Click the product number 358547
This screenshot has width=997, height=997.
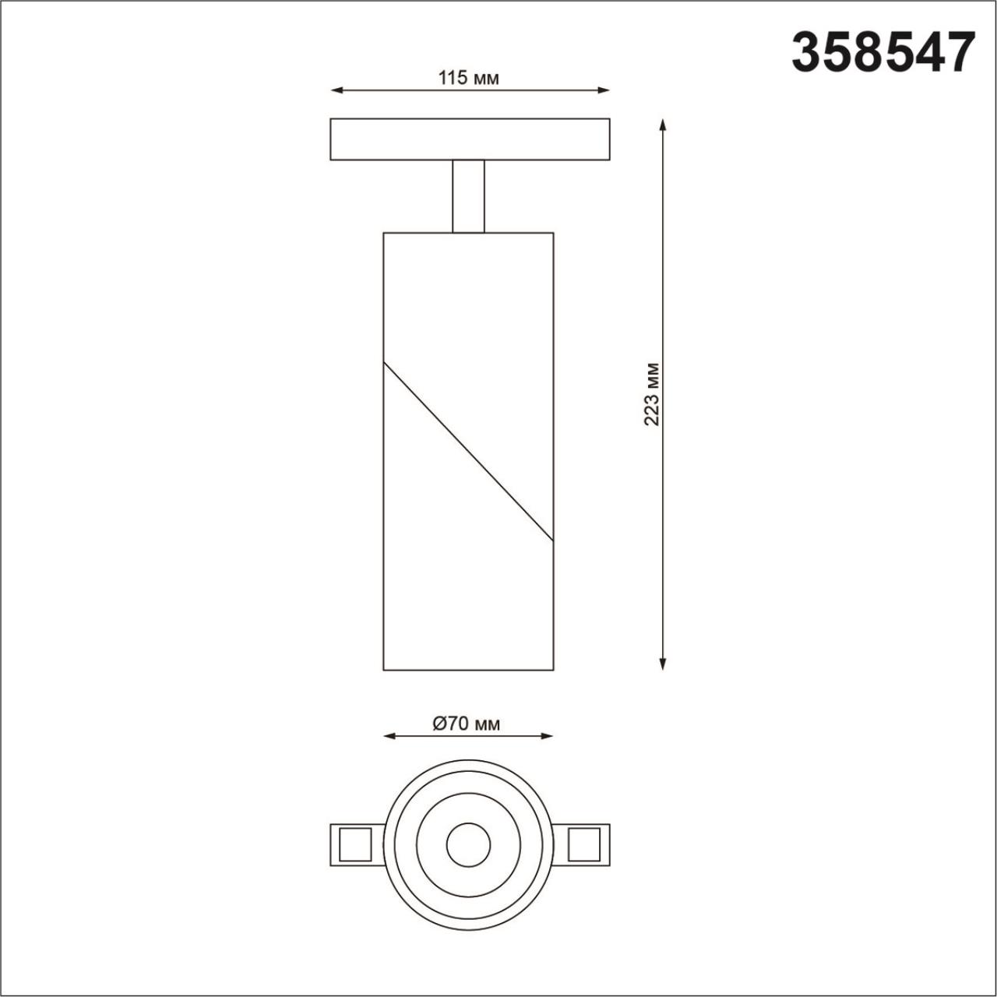pos(883,52)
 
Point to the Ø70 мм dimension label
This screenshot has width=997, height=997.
pos(467,724)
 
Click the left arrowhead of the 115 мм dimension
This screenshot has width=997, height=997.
pos(336,91)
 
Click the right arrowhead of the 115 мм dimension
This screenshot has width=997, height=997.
pos(604,91)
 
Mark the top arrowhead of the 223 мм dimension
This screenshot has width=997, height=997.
pos(662,125)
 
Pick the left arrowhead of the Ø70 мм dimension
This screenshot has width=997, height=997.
pos(389,736)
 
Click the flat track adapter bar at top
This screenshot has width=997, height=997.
pos(470,139)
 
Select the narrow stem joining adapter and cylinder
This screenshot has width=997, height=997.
pos(468,196)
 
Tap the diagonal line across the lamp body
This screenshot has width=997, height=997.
pos(468,451)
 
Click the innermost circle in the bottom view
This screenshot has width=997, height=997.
pos(468,844)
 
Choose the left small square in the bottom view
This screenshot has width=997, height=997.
pos(354,844)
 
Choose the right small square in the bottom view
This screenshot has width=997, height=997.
pos(584,844)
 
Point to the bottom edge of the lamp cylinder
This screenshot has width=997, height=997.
pos(468,670)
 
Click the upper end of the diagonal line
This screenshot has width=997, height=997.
pos(385,363)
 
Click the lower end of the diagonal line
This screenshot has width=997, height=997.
pos(552,540)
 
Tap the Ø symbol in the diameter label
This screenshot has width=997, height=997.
pos(439,724)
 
